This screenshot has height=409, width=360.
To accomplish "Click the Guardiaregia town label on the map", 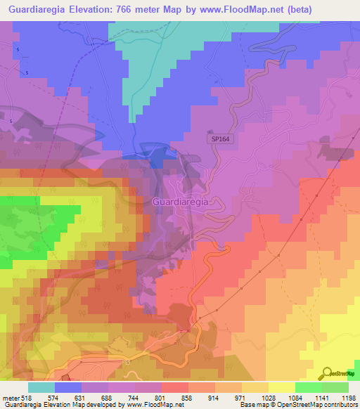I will click(x=180, y=202).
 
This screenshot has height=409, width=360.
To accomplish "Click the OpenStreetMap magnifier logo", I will click(x=326, y=375).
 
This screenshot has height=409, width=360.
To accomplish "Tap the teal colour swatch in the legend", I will click(x=41, y=387).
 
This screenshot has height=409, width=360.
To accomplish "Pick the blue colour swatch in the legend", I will click(x=68, y=387).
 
